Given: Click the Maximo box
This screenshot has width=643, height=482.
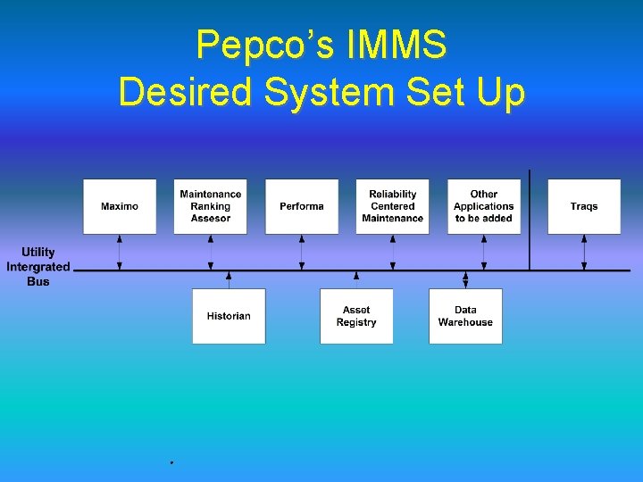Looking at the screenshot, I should point(120,206).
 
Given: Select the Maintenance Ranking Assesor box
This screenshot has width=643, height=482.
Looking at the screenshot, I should point(210,206).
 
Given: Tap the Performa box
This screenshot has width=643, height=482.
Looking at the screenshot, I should point(302,206).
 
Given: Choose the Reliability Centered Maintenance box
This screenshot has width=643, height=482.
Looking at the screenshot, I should point(393,206).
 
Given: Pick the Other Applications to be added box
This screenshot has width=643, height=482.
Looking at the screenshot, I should point(484,206).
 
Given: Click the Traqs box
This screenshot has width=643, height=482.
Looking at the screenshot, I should point(584,206).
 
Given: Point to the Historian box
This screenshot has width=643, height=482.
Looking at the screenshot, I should point(229,316).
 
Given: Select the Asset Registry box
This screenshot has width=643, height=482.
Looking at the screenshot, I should point(356,316).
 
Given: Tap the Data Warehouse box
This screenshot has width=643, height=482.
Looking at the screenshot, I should point(465,316).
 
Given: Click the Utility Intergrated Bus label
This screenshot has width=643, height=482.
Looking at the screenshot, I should point(38,267).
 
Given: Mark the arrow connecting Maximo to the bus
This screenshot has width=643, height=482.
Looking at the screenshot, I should point(120,252).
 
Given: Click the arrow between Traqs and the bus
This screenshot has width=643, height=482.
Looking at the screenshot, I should point(584,252).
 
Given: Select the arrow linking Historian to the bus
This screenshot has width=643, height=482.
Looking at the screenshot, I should point(229,279).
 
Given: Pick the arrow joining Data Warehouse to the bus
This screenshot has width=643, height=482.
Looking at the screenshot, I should point(465,279).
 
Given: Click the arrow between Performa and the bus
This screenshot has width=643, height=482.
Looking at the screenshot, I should point(302,252).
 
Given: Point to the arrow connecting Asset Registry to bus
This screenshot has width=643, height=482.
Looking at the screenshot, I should point(356,279).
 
